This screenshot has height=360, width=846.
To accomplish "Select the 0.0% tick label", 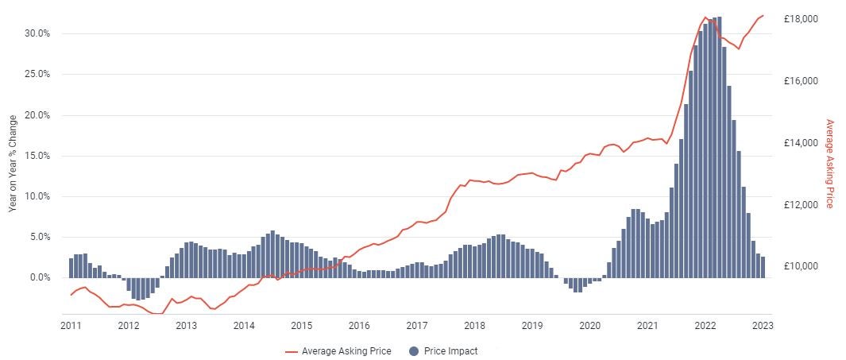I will [x=40, y=277].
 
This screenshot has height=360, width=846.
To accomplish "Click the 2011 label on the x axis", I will [x=71, y=325].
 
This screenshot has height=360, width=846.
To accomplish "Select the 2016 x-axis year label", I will [x=359, y=325].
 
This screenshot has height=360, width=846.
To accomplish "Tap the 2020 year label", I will [x=589, y=325].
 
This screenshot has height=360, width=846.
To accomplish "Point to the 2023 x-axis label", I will [x=762, y=325].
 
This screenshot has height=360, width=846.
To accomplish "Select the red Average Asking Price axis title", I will [x=830, y=164].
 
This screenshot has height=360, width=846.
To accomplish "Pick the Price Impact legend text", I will [x=451, y=350].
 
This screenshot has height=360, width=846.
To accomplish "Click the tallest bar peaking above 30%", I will [x=719, y=147].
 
